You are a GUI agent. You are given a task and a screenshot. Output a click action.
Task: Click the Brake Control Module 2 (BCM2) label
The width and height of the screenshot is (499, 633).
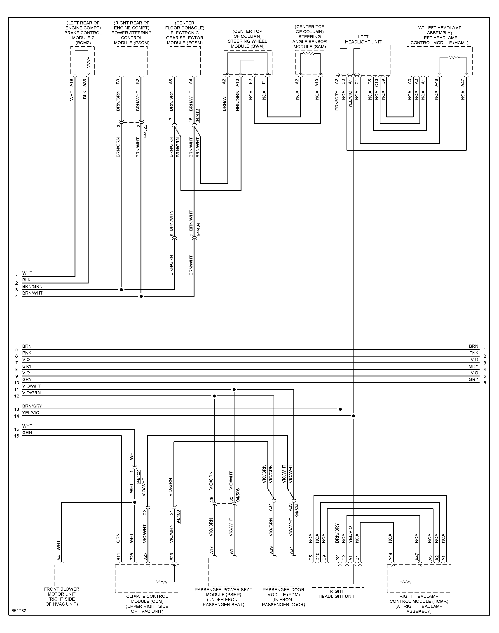pos(83,33)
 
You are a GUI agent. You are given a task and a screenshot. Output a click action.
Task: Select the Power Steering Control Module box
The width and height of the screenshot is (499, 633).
pos(132,61)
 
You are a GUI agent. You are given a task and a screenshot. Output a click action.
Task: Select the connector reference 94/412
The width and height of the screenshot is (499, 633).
pos(198,116)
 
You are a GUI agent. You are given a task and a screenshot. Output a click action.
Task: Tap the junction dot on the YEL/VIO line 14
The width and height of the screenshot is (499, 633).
pos(354,416)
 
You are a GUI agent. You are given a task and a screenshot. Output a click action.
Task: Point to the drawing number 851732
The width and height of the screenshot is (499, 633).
pos(19,611)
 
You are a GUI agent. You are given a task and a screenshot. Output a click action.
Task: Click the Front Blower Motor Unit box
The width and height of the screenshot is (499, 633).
pos(62,575)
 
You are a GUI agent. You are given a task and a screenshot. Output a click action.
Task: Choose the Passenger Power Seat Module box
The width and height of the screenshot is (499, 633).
pos(223,572)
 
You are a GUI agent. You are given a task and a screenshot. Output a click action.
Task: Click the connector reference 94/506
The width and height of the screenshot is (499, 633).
pos(238,495)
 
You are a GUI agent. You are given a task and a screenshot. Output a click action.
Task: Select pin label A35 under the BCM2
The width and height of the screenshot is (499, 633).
pos(85,83)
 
